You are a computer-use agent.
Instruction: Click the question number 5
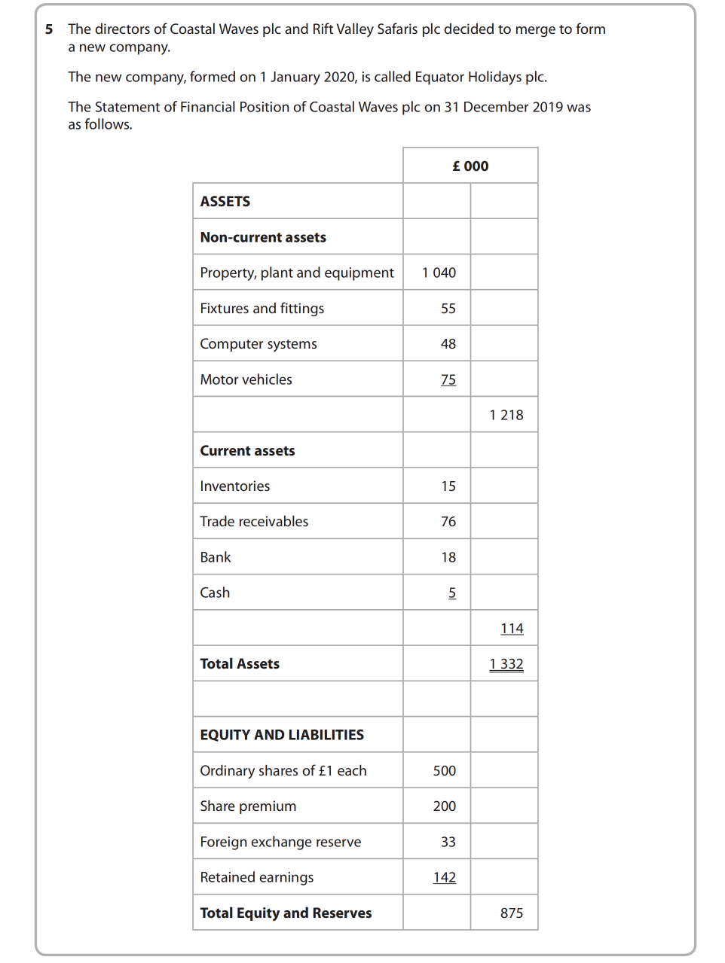pyautogui.click(x=49, y=29)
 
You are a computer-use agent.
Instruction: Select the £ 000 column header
pyautogui.click(x=470, y=166)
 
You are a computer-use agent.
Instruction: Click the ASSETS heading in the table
pyautogui.click(x=225, y=202)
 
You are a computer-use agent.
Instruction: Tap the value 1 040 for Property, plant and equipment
pyautogui.click(x=439, y=273)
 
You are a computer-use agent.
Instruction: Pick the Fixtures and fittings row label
pyautogui.click(x=262, y=309)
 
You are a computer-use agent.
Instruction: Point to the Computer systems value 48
pyautogui.click(x=448, y=344)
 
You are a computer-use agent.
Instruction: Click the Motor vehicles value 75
pyautogui.click(x=448, y=379)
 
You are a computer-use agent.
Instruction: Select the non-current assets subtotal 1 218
pyautogui.click(x=506, y=415)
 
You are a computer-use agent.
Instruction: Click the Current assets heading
pyautogui.click(x=247, y=451)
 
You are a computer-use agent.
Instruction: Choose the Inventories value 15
pyautogui.click(x=448, y=486)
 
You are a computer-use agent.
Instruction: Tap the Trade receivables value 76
pyautogui.click(x=448, y=522)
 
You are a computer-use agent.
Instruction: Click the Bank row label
pyautogui.click(x=216, y=557)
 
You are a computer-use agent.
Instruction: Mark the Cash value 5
pyautogui.click(x=452, y=593)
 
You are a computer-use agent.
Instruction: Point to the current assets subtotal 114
pyautogui.click(x=512, y=629)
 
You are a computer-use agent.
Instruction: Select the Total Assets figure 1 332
pyautogui.click(x=506, y=664)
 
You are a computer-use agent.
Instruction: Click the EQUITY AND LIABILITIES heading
pyautogui.click(x=282, y=735)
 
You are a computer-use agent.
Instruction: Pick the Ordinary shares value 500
pyautogui.click(x=445, y=771)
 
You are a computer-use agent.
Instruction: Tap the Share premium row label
pyautogui.click(x=248, y=806)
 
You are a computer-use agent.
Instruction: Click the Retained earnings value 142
pyautogui.click(x=445, y=877)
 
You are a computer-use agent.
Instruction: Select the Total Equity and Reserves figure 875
pyautogui.click(x=512, y=913)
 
